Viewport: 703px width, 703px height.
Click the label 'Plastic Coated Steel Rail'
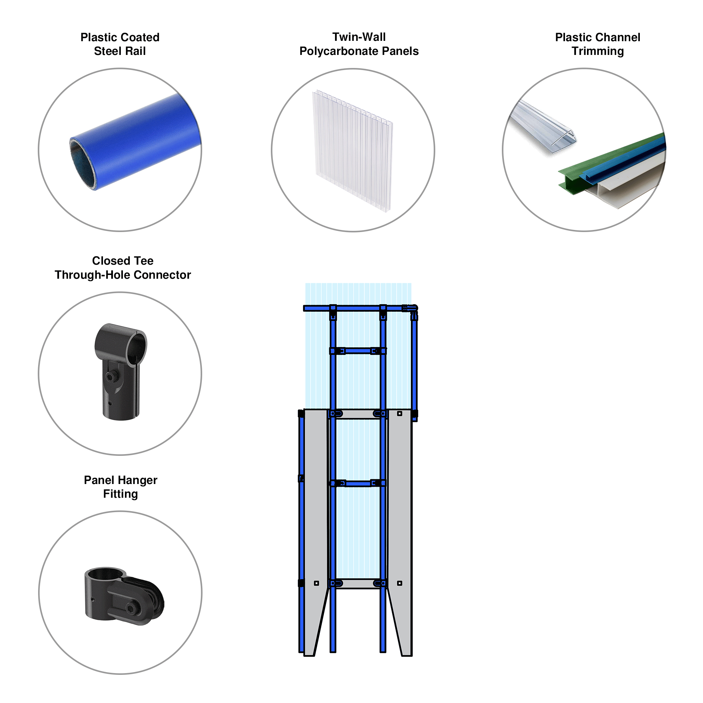coord(120,44)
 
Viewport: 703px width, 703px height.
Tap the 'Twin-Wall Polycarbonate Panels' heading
coord(359,44)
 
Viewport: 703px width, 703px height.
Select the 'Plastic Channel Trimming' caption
coord(597,44)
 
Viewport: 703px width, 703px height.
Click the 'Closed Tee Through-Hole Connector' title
coord(123,267)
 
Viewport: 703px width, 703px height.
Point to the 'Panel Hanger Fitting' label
coord(120,486)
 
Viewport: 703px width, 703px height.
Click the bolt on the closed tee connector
coord(111,376)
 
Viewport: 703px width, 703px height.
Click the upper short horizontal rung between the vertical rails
coord(358,351)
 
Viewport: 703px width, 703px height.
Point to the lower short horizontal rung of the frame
coord(358,483)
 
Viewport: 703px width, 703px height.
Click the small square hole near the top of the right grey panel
coord(400,413)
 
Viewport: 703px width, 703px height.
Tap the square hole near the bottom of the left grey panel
coord(316,583)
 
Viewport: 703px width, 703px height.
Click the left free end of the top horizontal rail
coord(306,308)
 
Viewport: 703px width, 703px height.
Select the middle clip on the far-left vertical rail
coord(301,478)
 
